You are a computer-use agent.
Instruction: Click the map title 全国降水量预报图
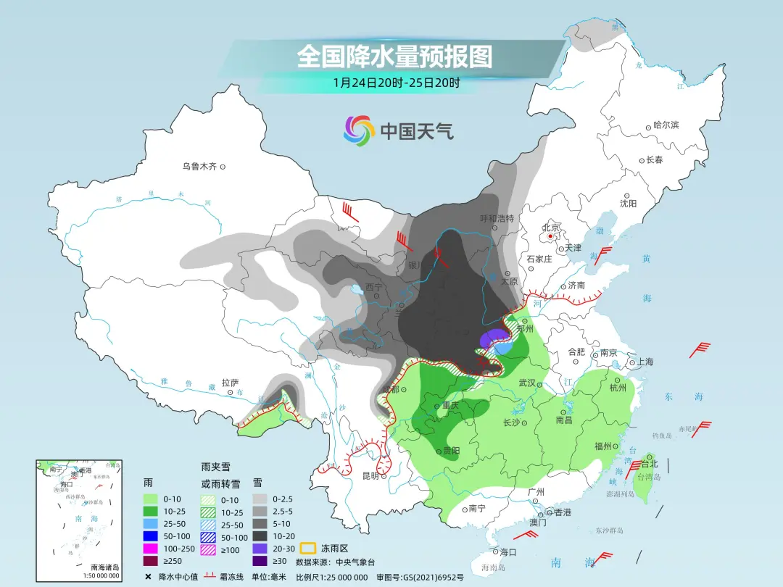(x=394, y=57)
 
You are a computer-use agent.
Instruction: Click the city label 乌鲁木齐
(x=199, y=167)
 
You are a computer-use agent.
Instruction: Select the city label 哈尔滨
(x=666, y=125)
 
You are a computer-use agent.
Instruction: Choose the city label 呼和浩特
(x=497, y=218)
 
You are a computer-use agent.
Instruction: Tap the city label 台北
(x=648, y=464)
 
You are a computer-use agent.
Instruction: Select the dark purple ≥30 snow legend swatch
(x=261, y=560)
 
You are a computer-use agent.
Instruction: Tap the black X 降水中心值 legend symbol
(x=148, y=577)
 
